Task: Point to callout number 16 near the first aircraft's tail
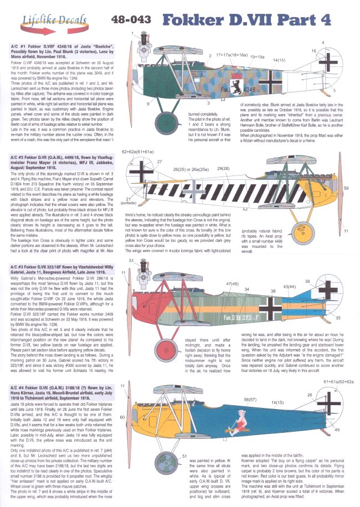pos(313,51)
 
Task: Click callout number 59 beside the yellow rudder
pos(347,189)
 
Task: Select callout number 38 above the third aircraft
pos(273,291)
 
